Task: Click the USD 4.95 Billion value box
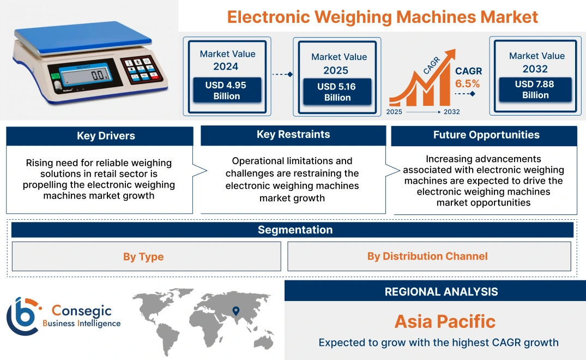pos(226,91)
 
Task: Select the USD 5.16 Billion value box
pos(337,92)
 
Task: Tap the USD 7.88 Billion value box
pos(535,89)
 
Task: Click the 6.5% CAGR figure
pos(468,83)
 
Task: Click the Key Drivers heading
pos(106,136)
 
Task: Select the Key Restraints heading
pos(293,135)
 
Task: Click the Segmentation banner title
pos(295,230)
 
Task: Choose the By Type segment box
pos(143,256)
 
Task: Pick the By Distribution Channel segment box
pos(427,256)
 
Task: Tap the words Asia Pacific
pos(445,321)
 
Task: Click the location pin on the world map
pos(235,311)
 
